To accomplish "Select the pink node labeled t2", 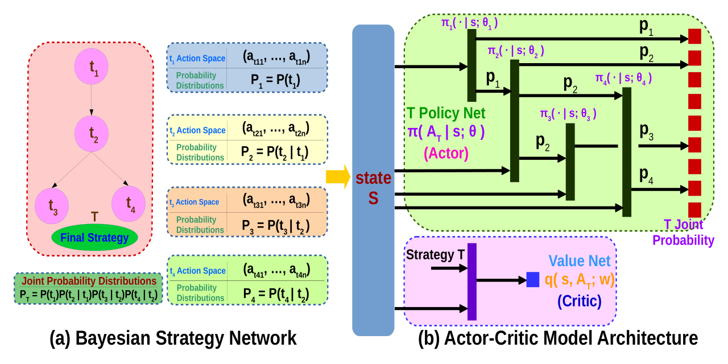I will click(91, 134).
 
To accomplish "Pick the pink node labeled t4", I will click(129, 202).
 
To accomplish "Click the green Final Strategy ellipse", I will click(94, 238).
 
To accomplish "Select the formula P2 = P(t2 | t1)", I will click(275, 152).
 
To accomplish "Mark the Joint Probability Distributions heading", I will click(88, 281).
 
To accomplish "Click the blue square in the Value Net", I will click(532, 279).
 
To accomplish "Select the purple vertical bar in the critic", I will click(471, 282).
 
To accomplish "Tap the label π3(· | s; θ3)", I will click(568, 114).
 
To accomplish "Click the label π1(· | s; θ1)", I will click(470, 23).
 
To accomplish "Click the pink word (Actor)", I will click(446, 154).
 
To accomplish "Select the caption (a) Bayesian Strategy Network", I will click(173, 338).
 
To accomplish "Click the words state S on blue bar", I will click(373, 188).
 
